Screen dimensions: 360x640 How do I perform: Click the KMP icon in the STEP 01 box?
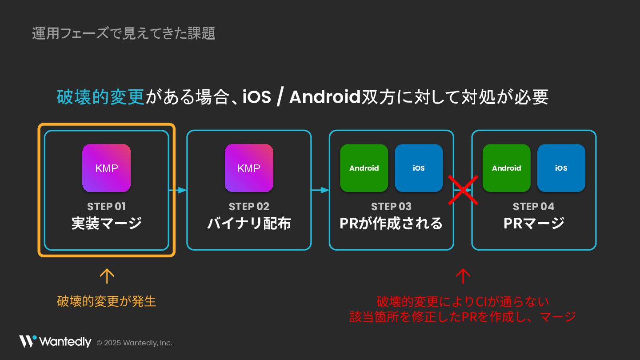[106, 168]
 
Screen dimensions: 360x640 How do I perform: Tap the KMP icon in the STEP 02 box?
[249, 168]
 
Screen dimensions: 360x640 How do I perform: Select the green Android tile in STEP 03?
[364, 168]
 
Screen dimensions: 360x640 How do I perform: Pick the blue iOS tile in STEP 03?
[419, 168]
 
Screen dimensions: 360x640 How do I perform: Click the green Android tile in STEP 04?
[506, 168]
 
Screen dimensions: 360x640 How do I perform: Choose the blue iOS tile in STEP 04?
[561, 168]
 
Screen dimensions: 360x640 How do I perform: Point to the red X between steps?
[463, 190]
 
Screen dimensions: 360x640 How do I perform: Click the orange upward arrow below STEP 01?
[107, 276]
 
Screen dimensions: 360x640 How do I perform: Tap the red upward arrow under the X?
[463, 276]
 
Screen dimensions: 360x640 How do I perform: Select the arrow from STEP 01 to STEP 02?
[178, 190]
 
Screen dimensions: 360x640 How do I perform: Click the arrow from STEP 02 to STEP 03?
[320, 190]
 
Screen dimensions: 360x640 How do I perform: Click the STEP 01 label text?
[106, 207]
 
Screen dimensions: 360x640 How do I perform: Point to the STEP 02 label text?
[249, 207]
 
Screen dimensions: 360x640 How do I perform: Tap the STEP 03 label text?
[391, 207]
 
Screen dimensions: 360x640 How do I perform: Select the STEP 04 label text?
[533, 207]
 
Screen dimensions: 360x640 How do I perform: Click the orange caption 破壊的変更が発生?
[107, 301]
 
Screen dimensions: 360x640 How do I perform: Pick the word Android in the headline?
[324, 97]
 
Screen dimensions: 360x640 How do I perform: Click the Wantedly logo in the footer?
[55, 341]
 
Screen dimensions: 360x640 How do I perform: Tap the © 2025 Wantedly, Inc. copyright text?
[134, 343]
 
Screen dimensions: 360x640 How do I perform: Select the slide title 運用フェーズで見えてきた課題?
[124, 33]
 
